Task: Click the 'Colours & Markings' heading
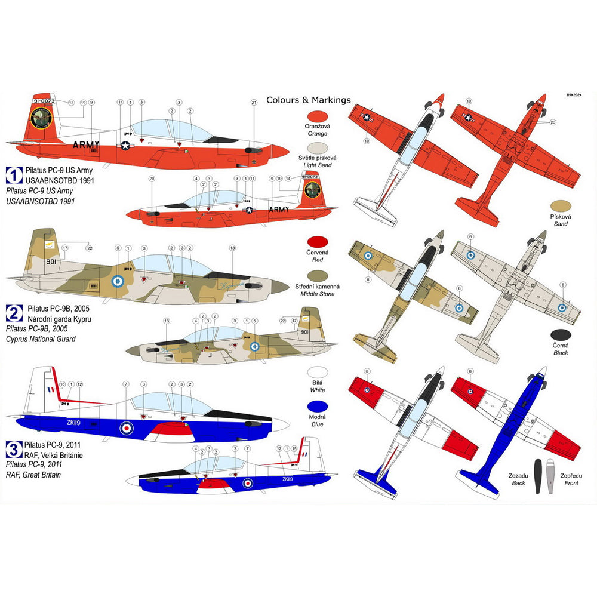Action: [x=308, y=100]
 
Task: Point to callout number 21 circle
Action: [x=253, y=103]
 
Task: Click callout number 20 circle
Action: [x=152, y=179]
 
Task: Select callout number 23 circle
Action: [x=553, y=122]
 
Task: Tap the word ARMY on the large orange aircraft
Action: [x=87, y=144]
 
